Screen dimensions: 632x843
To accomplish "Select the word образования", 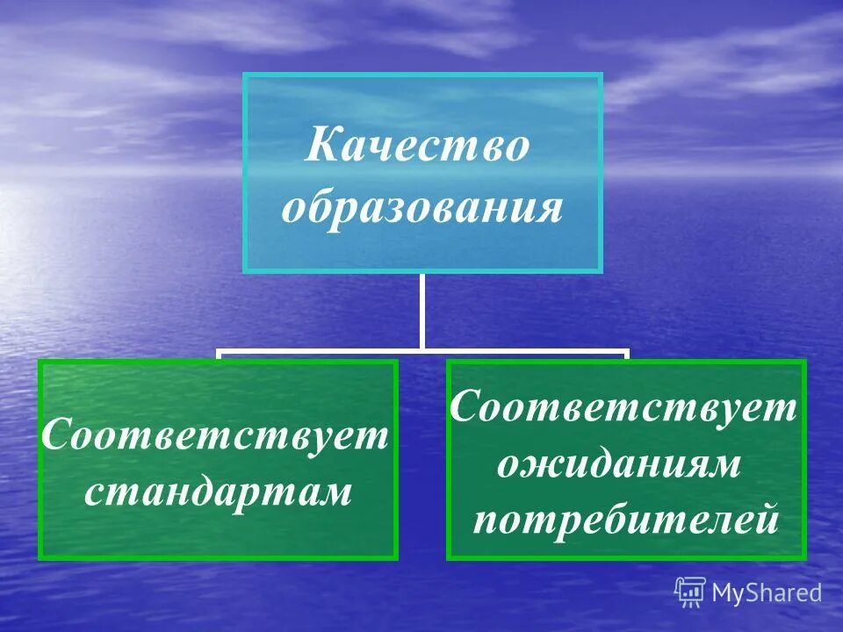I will [x=422, y=210].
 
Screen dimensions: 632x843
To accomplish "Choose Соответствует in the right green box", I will [x=623, y=408].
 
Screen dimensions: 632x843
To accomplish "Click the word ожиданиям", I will [x=618, y=465].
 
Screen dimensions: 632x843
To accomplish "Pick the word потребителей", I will [x=625, y=520].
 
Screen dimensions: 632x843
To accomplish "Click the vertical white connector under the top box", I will [x=421, y=311].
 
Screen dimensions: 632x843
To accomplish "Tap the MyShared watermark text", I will [x=767, y=593].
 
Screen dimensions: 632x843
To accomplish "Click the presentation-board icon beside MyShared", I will [x=690, y=592].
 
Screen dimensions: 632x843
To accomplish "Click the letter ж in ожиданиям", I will [x=538, y=466].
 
